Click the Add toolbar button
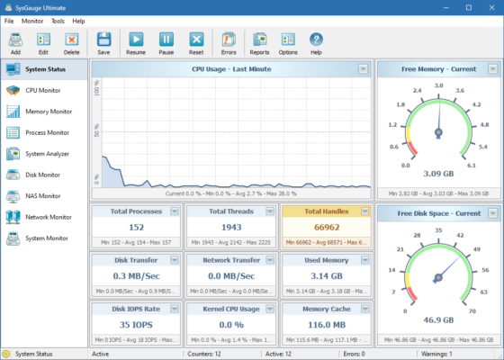point(15,42)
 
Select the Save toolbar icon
point(103,42)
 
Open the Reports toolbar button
point(259,42)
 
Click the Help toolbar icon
point(316,42)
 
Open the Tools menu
point(58,20)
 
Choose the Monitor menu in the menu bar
point(32,20)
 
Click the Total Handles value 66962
point(326,228)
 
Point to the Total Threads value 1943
point(231,228)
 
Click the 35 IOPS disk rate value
point(137,324)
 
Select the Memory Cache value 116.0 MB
point(326,324)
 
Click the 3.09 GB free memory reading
point(438,174)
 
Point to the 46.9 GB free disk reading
point(438,319)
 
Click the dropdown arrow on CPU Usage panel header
point(363,69)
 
